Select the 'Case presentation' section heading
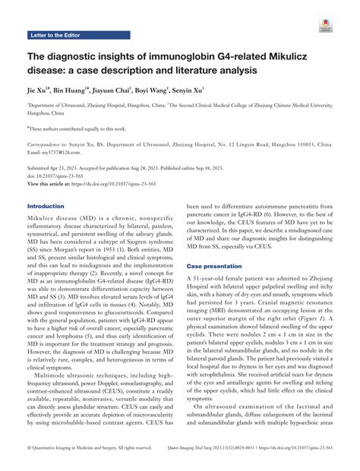(x=218, y=267)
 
